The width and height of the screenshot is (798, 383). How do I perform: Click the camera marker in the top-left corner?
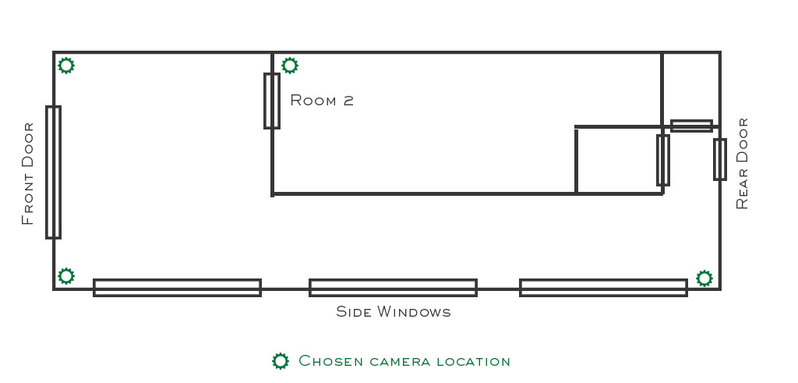[66, 66]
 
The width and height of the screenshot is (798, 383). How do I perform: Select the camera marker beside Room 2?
[289, 66]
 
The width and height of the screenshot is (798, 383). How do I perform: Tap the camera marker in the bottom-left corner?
[66, 275]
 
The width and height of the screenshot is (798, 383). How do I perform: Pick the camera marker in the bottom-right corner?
[704, 278]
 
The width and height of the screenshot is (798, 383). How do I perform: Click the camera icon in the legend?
[280, 361]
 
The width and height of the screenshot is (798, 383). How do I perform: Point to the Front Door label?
[28, 173]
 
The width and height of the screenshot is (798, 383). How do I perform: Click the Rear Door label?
[742, 163]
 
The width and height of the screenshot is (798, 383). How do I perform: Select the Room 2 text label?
[322, 101]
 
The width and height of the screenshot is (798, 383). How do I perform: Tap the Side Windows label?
[394, 312]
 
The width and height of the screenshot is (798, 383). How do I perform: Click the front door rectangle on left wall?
[53, 172]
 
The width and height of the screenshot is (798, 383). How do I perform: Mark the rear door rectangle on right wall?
[720, 159]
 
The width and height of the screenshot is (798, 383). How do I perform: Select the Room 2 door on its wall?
[272, 101]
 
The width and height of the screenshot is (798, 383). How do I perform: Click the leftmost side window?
[177, 288]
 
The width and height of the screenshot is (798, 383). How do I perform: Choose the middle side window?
[393, 288]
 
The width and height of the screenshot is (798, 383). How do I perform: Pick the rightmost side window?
[603, 288]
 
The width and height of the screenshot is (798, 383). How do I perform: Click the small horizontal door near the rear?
[691, 126]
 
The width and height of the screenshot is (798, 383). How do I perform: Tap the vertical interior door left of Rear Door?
[663, 160]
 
